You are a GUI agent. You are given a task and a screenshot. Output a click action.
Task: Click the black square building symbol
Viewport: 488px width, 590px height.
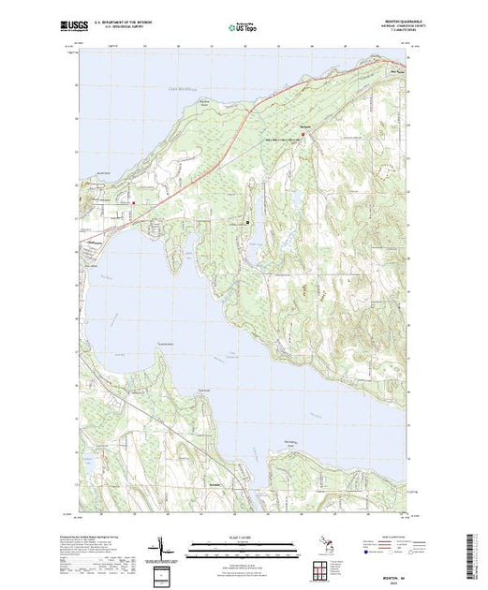pyautogui.click(x=247, y=223)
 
